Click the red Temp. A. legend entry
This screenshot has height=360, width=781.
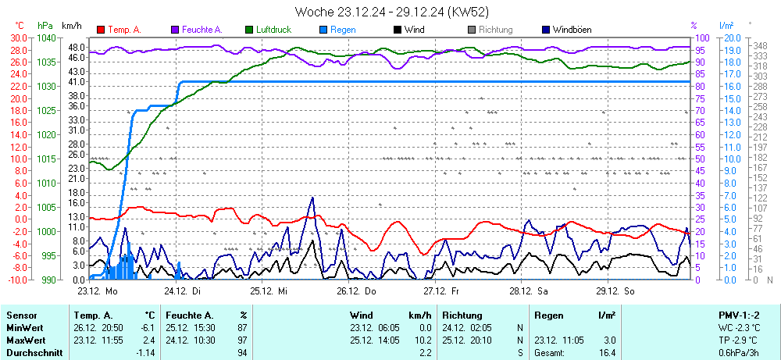(x=123, y=30)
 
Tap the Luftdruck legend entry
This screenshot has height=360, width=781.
(x=273, y=30)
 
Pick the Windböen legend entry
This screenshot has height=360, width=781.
(x=572, y=30)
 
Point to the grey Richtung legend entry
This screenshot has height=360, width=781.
(x=495, y=30)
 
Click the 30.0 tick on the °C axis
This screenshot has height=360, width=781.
(x=17, y=37)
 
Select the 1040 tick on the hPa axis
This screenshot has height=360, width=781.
(x=46, y=37)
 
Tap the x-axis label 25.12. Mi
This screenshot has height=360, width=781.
(x=269, y=290)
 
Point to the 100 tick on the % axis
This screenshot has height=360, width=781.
(x=702, y=37)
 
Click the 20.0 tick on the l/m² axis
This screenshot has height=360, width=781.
(x=732, y=37)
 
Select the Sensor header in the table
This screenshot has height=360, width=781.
(x=21, y=315)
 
